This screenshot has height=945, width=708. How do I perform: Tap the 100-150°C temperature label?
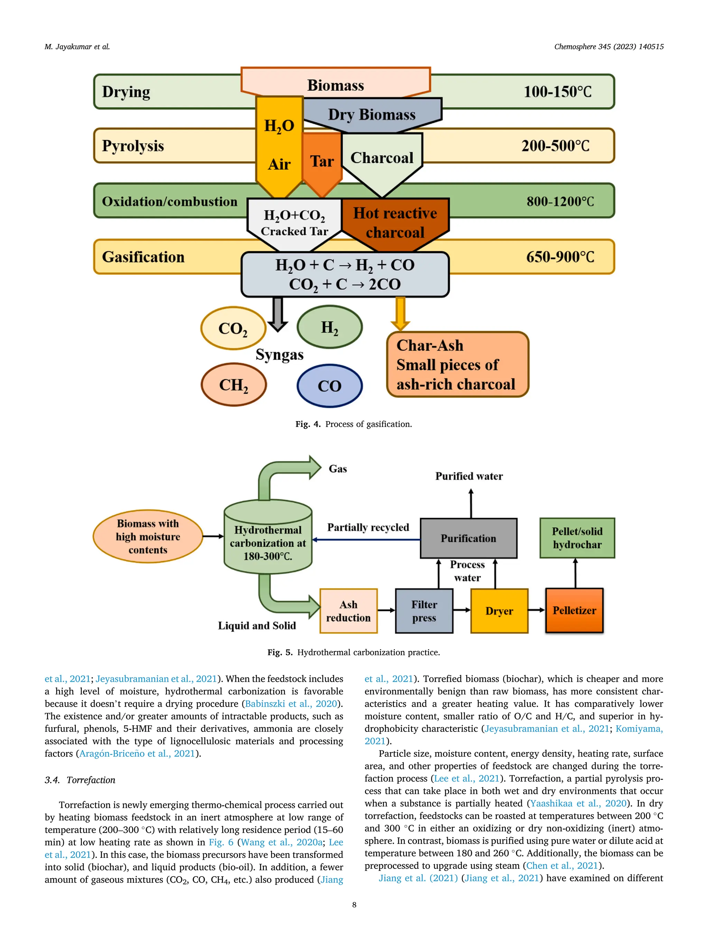point(557,91)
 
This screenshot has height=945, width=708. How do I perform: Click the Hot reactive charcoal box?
point(395,223)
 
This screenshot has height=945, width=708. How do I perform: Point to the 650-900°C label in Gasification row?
point(560,257)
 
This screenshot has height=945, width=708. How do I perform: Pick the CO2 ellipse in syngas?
point(233,328)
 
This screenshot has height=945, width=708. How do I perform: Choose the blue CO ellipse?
point(329,386)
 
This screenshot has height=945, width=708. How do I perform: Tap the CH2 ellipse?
point(233,384)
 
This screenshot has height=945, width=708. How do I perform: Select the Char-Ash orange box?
point(457,364)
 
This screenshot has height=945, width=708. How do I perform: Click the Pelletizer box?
point(574,610)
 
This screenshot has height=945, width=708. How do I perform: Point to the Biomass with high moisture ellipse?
point(148,536)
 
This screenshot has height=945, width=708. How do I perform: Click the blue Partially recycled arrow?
point(367,539)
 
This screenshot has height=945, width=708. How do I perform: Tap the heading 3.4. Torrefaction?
point(80,780)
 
